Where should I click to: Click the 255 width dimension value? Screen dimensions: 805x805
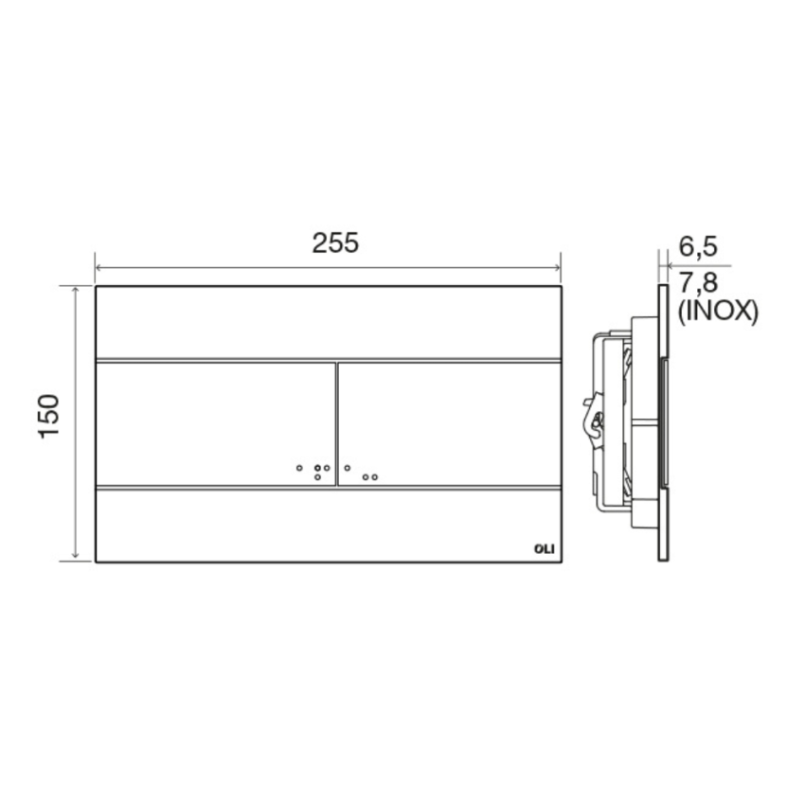pyautogui.click(x=336, y=242)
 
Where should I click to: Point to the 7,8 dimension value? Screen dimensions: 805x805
pyautogui.click(x=699, y=282)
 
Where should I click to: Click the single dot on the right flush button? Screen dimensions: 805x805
pyautogui.click(x=348, y=467)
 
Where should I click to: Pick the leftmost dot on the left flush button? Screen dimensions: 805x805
pyautogui.click(x=298, y=468)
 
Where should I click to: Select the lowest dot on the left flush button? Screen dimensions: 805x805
pyautogui.click(x=317, y=477)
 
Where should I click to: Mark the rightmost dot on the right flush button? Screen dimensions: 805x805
pyautogui.click(x=375, y=477)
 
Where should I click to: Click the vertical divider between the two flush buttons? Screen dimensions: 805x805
pyautogui.click(x=336, y=423)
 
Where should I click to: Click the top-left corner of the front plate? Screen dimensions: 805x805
pyautogui.click(x=96, y=285)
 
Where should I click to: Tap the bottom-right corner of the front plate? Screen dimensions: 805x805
pyautogui.click(x=562, y=562)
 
